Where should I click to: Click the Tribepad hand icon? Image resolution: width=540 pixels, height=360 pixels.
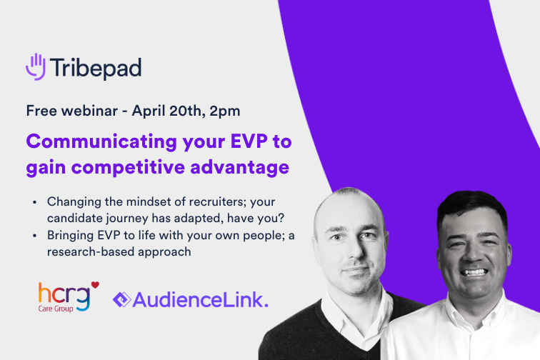36,66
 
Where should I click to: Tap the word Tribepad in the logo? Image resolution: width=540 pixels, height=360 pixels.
95,68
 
